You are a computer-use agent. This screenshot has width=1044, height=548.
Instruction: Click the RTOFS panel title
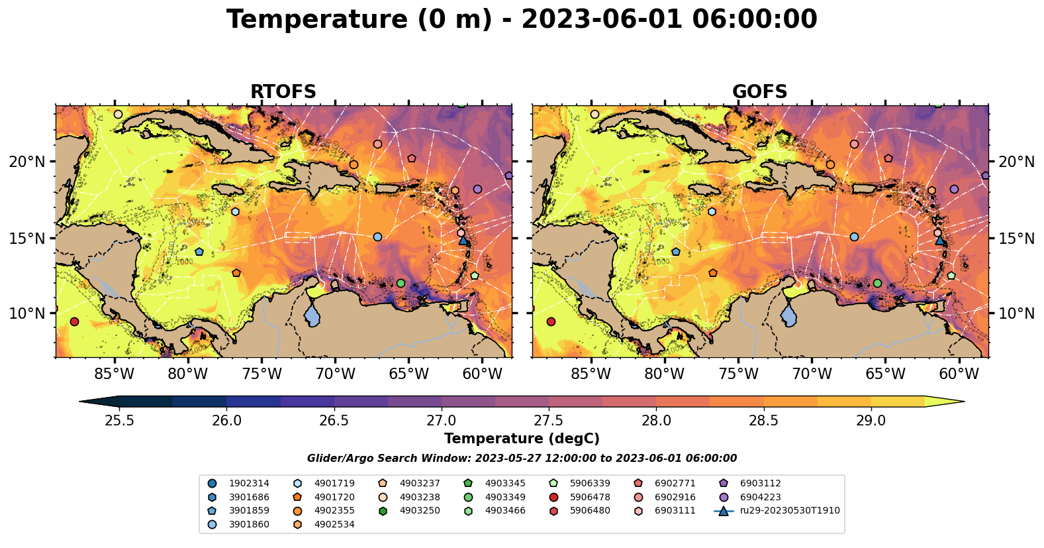click(x=283, y=92)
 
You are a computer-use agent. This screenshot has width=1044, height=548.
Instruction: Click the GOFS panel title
click(x=759, y=92)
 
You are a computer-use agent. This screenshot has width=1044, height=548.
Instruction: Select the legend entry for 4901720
click(x=334, y=497)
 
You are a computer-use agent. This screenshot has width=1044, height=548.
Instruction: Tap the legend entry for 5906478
click(x=590, y=497)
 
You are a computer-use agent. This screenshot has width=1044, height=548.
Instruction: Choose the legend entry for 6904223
click(x=760, y=497)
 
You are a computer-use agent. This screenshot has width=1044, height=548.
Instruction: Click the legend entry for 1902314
click(x=249, y=484)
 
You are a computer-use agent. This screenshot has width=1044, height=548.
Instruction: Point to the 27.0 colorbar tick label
click(x=442, y=421)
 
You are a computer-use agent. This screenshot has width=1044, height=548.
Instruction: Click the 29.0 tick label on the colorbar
click(x=871, y=421)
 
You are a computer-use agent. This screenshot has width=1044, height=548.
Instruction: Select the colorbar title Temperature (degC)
click(x=522, y=439)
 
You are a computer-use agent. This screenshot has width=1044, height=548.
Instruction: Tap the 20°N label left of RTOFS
click(x=26, y=162)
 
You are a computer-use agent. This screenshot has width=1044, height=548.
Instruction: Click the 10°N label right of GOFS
click(x=1016, y=313)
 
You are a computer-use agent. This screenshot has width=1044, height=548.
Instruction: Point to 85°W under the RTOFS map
click(x=114, y=374)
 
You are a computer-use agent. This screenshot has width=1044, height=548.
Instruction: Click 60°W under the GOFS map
click(x=959, y=374)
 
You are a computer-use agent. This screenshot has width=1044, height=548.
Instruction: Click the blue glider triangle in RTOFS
click(x=463, y=240)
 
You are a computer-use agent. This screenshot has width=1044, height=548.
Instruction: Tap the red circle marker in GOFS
click(x=551, y=321)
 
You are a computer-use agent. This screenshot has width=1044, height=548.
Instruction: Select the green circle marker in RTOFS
click(x=401, y=283)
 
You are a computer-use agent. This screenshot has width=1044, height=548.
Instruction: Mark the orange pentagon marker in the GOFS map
click(x=713, y=273)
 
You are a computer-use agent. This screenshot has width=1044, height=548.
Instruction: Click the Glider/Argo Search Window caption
click(x=522, y=459)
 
